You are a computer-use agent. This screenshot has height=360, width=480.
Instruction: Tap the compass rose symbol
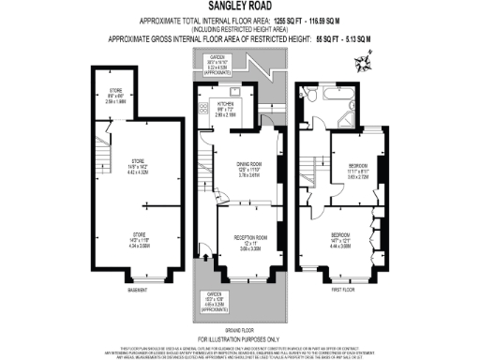tap(363, 63)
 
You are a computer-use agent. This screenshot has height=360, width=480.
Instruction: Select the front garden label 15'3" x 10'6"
tap(216, 301)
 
